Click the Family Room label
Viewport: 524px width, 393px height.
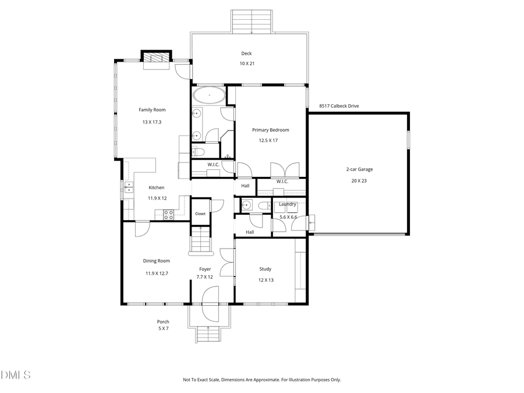click(x=152, y=109)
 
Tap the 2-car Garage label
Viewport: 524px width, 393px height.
click(x=359, y=169)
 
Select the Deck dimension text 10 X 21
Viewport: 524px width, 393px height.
click(x=247, y=63)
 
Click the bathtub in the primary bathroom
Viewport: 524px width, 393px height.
click(x=208, y=94)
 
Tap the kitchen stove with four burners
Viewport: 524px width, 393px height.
click(x=168, y=214)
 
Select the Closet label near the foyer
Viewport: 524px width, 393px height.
click(x=200, y=214)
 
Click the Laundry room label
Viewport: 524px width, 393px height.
click(x=288, y=204)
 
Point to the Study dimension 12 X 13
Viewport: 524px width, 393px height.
click(x=265, y=280)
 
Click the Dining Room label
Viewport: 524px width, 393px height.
click(x=157, y=261)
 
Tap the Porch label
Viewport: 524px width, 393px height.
click(x=163, y=322)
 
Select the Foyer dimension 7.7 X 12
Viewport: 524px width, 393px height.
click(x=206, y=277)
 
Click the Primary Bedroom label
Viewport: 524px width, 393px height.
click(x=270, y=130)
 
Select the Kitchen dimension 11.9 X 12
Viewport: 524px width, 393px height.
click(x=157, y=198)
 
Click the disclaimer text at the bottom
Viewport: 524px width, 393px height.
click(x=262, y=380)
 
